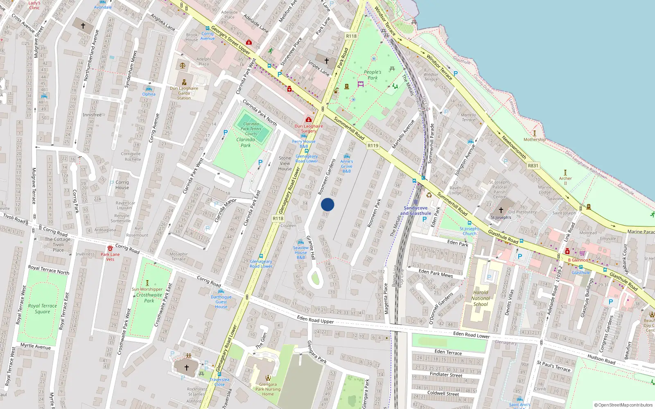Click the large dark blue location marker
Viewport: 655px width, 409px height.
327,204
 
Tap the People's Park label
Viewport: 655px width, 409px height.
372,75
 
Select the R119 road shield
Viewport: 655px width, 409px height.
373,146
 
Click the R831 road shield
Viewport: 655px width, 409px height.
533,166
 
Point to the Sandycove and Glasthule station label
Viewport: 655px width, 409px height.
416,211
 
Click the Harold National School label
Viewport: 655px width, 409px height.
481,298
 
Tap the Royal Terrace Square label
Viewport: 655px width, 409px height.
42,308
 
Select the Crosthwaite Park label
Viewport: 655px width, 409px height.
149,297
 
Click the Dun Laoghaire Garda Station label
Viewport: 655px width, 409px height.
184,93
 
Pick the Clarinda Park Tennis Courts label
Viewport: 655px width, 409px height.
251,128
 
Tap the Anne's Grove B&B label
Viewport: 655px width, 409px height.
346,166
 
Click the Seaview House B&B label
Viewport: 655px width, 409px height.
300,252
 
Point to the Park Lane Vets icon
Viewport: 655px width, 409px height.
110,248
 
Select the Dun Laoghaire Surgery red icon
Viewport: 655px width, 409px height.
309,120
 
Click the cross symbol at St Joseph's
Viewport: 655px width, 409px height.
501,210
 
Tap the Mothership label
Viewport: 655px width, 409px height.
534,139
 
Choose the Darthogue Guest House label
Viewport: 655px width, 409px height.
221,302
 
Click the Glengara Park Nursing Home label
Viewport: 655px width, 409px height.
268,389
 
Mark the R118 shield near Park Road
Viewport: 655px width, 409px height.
351,36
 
